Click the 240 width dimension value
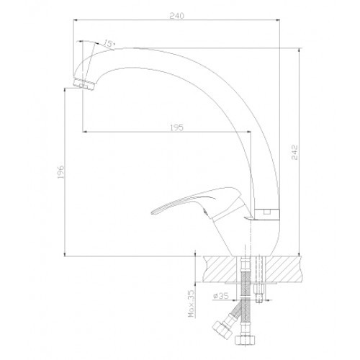[x=177, y=16]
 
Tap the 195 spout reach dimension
[x=176, y=127]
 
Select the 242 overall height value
[x=294, y=152]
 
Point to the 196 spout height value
[x=60, y=171]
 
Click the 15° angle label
[x=109, y=43]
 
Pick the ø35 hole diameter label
[x=220, y=296]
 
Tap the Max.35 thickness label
[x=191, y=303]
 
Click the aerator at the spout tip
[x=84, y=84]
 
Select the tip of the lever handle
[x=152, y=212]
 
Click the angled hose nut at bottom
[x=222, y=328]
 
